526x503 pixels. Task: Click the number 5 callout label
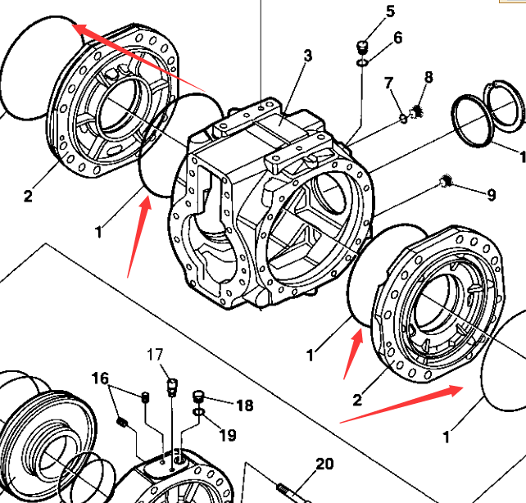click(390, 11)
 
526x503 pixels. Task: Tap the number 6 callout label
click(397, 38)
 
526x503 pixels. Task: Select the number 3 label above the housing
click(308, 56)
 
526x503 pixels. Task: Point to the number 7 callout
click(389, 82)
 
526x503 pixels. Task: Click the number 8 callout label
click(428, 78)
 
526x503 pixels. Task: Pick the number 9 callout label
click(491, 195)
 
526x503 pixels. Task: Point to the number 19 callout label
click(227, 434)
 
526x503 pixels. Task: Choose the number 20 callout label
click(324, 464)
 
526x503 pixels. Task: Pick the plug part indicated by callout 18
click(198, 397)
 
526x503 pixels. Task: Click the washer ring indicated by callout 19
click(198, 410)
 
